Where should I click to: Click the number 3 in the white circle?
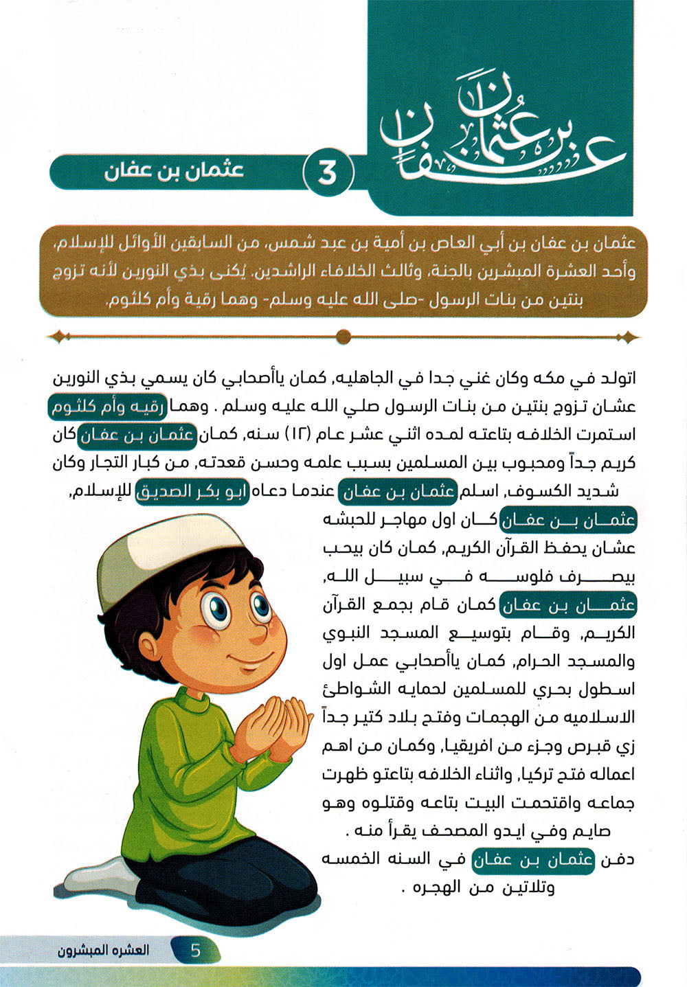(x=328, y=173)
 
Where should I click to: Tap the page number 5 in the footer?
(x=196, y=951)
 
